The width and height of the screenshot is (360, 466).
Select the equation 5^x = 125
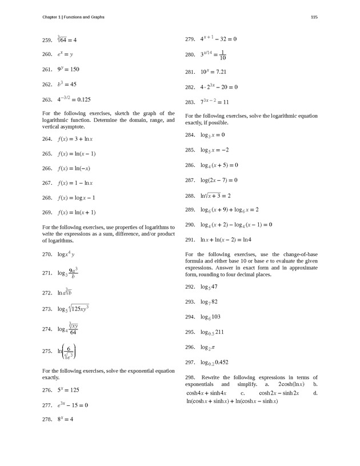68,390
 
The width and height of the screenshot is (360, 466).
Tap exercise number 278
47,419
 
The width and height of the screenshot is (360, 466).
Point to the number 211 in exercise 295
221,332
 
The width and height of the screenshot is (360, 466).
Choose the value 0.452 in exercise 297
223,363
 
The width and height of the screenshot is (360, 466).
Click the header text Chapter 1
51,17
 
